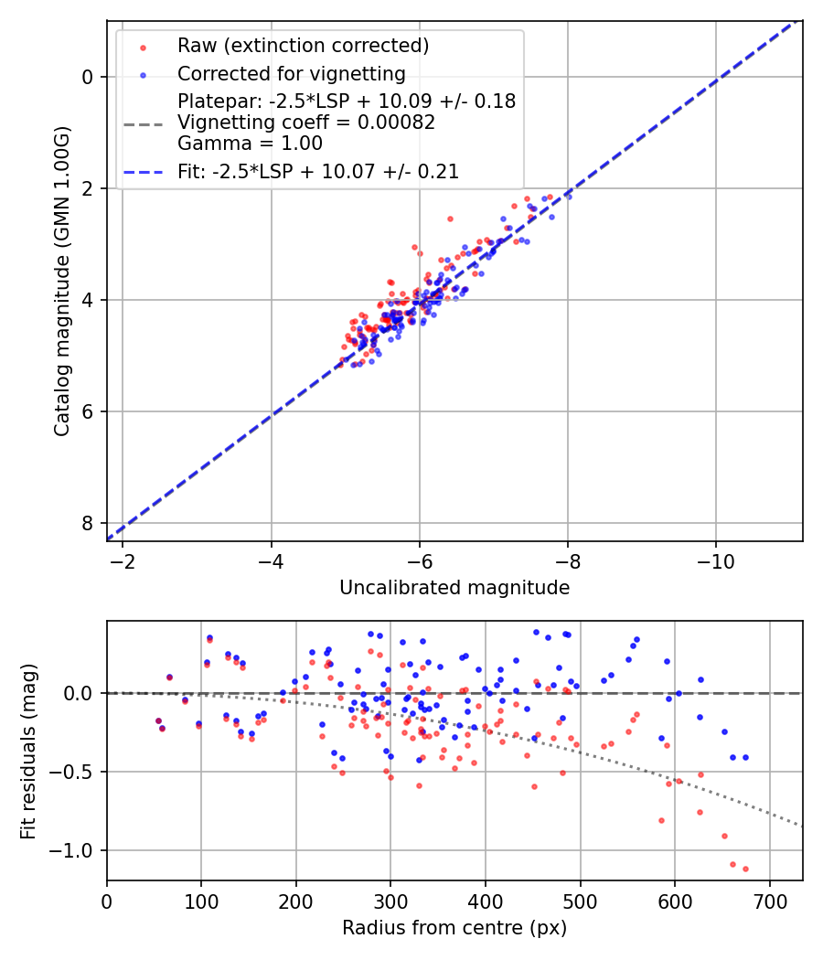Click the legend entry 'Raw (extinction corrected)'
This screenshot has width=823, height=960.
303,46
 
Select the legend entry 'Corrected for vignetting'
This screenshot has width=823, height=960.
291,73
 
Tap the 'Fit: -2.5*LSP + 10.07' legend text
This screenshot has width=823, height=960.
318,171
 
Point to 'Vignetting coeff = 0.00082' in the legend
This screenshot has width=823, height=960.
306,123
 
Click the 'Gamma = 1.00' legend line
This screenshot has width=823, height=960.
250,144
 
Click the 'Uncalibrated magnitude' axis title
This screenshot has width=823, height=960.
454,588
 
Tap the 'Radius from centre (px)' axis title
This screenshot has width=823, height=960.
454,928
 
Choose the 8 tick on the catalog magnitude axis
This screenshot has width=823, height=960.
88,523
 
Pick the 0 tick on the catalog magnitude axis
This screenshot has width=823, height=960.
88,77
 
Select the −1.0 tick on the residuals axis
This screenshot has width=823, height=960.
75,851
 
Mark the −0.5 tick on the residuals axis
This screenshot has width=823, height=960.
75,773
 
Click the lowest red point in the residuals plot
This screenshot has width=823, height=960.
745,869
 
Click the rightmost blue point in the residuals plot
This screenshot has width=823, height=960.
745,757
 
